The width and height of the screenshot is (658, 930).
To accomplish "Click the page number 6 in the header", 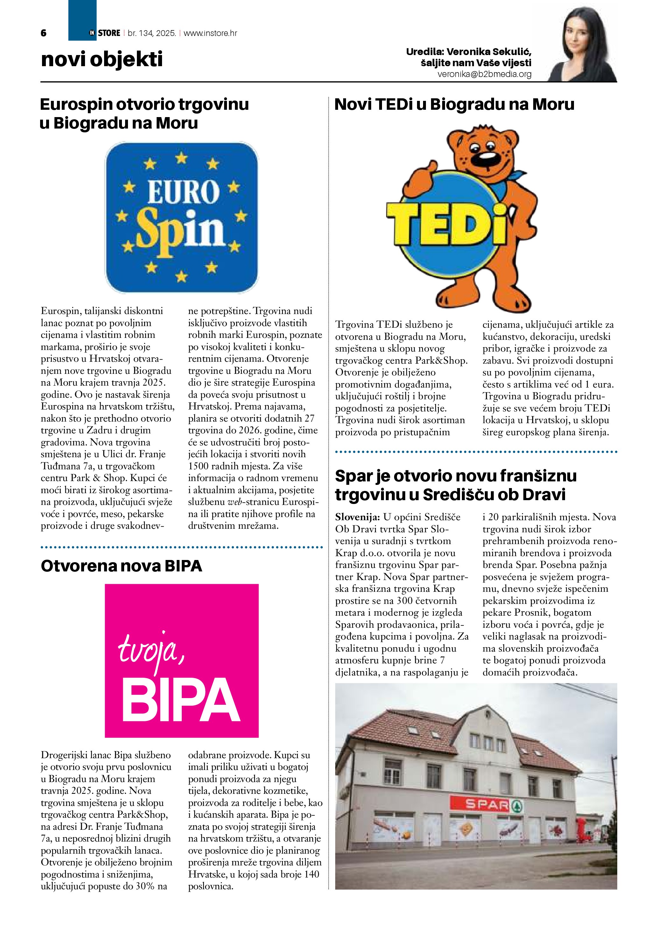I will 44,33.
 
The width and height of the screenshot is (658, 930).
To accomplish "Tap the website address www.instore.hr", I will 210,33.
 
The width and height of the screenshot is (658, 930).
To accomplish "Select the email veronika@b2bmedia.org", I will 484,74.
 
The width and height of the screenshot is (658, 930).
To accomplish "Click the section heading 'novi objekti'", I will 102,59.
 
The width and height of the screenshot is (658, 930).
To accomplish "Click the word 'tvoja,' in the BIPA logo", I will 151,651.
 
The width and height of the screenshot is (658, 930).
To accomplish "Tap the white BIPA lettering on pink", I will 181,701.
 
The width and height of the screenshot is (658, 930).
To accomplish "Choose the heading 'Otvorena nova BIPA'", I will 122,566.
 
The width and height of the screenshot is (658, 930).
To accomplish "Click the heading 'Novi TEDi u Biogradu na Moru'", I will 454,104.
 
